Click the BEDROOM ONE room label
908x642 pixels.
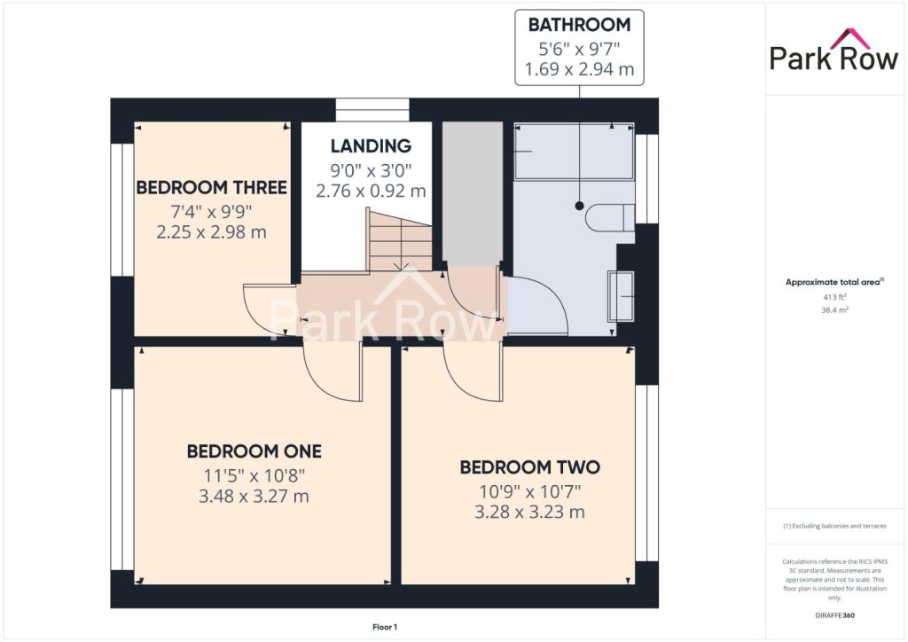coord(254,451)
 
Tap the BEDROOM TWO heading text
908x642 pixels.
coord(530,467)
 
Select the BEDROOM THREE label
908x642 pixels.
coord(211,188)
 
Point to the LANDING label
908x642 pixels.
coord(372,146)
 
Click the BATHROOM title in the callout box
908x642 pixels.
coord(579,25)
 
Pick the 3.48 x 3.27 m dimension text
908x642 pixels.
coord(254,497)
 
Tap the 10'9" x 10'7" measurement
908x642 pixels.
coord(530,491)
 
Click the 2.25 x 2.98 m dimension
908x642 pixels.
coord(211,232)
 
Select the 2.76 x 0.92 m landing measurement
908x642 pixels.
coord(372,191)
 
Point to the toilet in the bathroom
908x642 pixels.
coord(610,218)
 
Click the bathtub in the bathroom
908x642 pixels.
coord(574,151)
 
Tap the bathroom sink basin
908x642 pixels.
coord(621,296)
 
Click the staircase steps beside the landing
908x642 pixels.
coord(400,240)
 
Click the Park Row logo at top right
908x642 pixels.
coord(834,50)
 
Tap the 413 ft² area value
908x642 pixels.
coord(834,297)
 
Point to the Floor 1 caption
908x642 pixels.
coord(385,627)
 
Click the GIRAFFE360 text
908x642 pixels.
coord(834,615)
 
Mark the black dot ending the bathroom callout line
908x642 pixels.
coord(579,206)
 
